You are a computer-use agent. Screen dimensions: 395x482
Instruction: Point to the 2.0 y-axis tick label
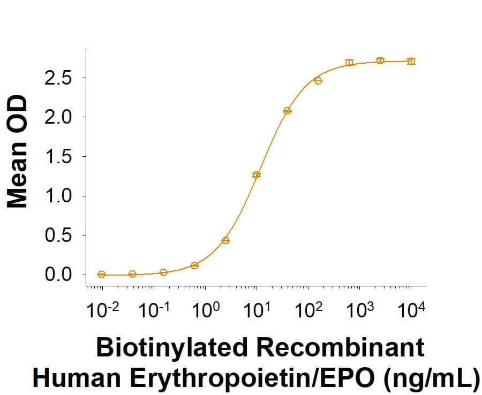pyautogui.click(x=61, y=117)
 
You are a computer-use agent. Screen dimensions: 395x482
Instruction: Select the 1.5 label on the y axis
pyautogui.click(x=61, y=157)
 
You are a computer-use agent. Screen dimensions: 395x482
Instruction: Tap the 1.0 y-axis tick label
pyautogui.click(x=61, y=196)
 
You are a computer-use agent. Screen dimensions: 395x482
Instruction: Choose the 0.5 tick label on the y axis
pyautogui.click(x=61, y=235)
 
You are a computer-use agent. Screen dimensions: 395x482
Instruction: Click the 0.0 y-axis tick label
pyautogui.click(x=61, y=275)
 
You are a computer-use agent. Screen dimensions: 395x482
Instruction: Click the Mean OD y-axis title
pyautogui.click(x=18, y=151)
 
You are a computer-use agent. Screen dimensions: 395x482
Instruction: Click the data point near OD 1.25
pyautogui.click(x=257, y=175)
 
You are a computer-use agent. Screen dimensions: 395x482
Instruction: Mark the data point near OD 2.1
pyautogui.click(x=287, y=111)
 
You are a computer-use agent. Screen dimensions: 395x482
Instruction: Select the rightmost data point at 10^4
pyautogui.click(x=411, y=62)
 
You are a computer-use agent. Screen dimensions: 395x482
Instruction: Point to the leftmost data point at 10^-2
pyautogui.click(x=102, y=274)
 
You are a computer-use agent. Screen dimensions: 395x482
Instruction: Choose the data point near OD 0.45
pyautogui.click(x=225, y=240)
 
